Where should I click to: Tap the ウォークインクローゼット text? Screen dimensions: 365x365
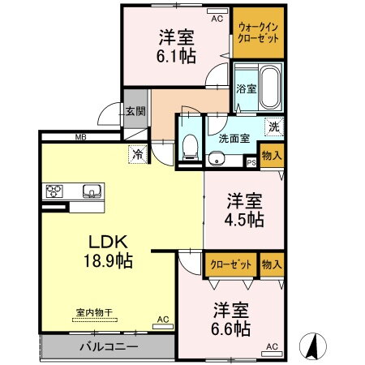pos(258,33)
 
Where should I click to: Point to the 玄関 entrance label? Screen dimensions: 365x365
pos(135,112)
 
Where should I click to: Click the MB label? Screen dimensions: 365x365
pos(80,138)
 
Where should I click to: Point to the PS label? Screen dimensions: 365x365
pos(251,162)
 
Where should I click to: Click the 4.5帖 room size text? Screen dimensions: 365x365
pos(243,220)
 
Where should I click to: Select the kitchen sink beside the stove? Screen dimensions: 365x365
pos(89,192)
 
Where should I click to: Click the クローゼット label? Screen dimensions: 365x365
pos(230,264)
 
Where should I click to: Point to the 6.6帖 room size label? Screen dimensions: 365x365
pos(232,328)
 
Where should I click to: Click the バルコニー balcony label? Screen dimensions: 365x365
pos(109,347)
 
